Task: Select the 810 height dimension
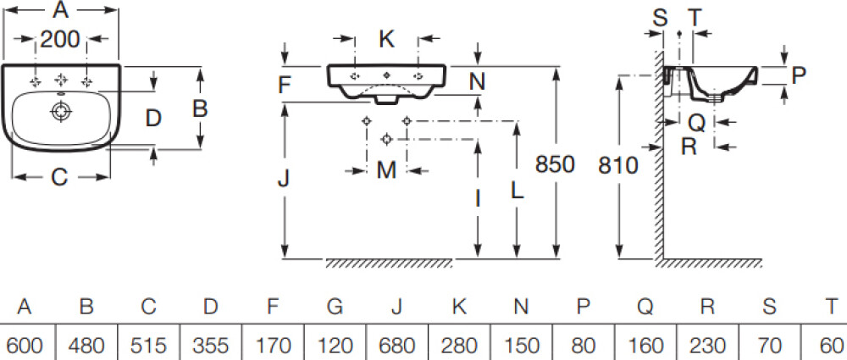(x=617, y=164)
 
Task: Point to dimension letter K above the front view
(x=386, y=38)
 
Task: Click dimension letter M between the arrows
(x=386, y=169)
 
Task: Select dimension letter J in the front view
(x=285, y=179)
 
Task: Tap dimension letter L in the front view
(x=516, y=191)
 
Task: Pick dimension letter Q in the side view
(x=696, y=122)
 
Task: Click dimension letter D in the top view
(x=152, y=117)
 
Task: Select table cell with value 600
(x=25, y=346)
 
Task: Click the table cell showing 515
(x=148, y=346)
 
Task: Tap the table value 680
(x=396, y=346)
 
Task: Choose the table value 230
(x=706, y=346)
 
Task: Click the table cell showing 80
(x=583, y=346)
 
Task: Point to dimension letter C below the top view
(x=59, y=177)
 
